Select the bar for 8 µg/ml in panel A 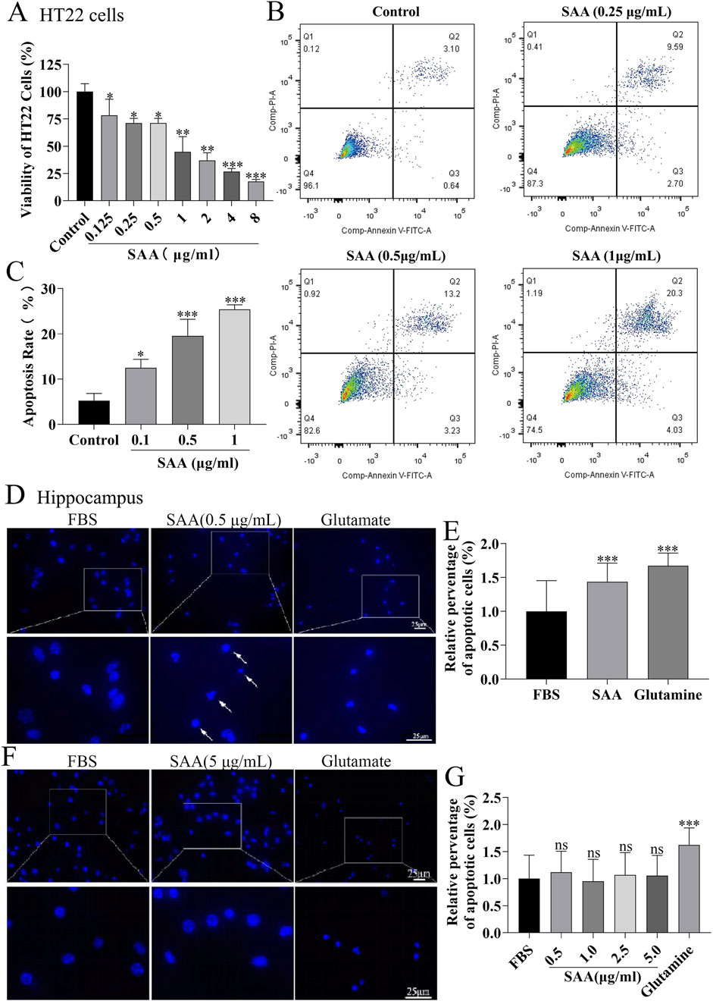pos(256,191)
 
